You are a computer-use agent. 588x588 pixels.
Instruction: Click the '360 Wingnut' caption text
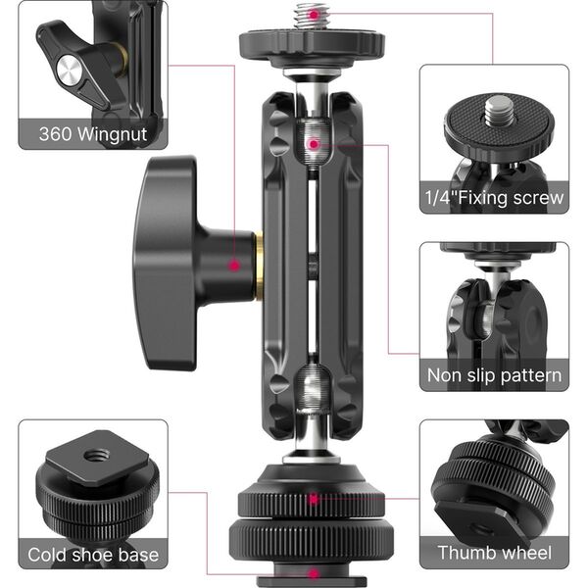(x=93, y=133)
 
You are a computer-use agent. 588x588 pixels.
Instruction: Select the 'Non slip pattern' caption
(x=494, y=375)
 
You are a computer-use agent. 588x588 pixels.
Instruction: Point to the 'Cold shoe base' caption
(x=93, y=555)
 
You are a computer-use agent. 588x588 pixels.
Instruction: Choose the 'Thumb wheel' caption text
(x=494, y=554)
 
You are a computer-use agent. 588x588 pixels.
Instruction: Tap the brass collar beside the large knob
(x=259, y=267)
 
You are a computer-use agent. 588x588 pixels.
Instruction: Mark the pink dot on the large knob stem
(x=234, y=265)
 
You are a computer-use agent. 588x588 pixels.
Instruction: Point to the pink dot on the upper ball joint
(x=312, y=144)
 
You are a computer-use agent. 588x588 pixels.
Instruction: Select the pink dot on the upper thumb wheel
(x=313, y=499)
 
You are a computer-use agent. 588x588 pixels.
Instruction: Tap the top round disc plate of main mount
(x=312, y=43)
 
